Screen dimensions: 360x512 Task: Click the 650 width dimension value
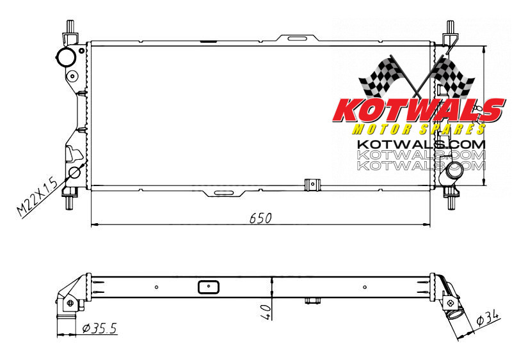click(x=260, y=217)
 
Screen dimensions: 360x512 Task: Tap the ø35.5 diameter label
click(x=99, y=329)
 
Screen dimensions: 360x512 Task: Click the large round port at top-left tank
click(x=65, y=57)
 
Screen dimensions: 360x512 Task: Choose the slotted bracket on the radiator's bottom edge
click(x=223, y=192)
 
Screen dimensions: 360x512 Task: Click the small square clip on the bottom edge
click(x=312, y=184)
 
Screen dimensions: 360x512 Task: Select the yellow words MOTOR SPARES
click(x=416, y=129)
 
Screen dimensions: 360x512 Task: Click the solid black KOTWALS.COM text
click(x=420, y=144)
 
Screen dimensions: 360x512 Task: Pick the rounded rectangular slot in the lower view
click(x=207, y=286)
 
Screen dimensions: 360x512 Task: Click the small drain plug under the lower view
click(x=312, y=300)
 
